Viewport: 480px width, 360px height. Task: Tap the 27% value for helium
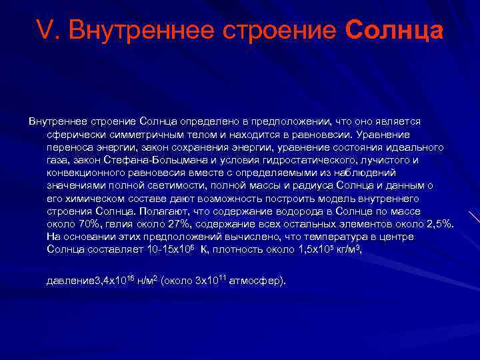click(x=167, y=223)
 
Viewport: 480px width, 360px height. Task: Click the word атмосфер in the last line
click(x=255, y=281)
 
